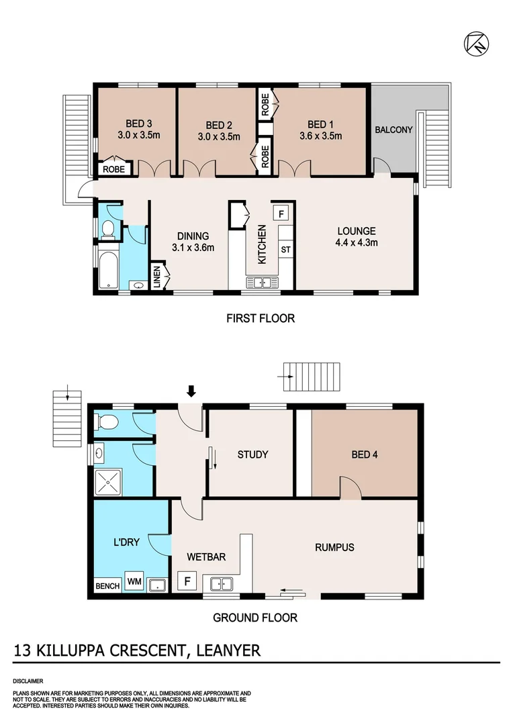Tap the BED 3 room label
pos(139,124)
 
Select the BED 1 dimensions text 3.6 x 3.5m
pos(320,135)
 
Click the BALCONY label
pos(393,130)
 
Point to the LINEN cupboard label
pos(157,278)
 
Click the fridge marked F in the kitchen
pos(281,213)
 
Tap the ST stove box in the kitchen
pos(285,250)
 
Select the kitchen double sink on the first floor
pos(263,282)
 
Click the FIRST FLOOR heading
pos(261,318)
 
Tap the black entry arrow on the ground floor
pos(191,391)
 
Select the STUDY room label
pos(252,454)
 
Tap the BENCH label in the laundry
pos(107,586)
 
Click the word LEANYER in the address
pos(227,650)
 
